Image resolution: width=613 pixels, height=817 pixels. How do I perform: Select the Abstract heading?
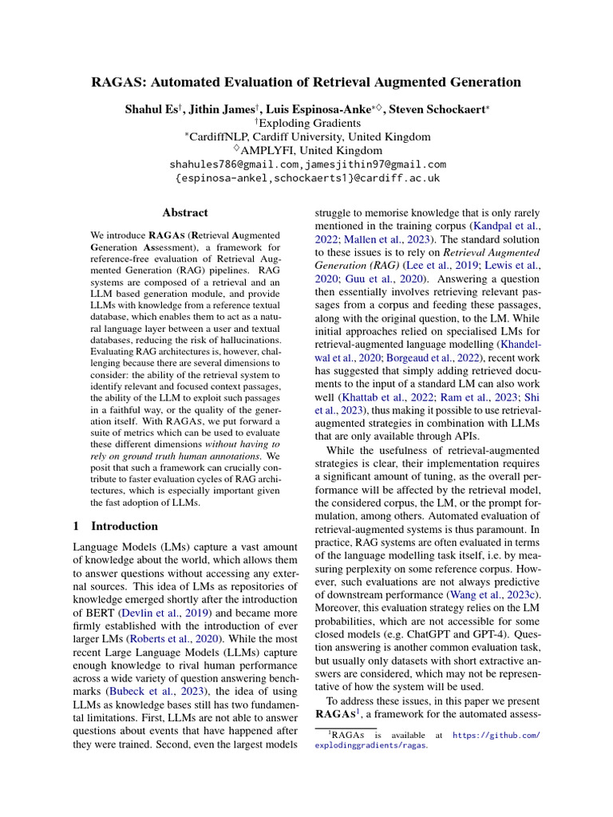pyautogui.click(x=185, y=213)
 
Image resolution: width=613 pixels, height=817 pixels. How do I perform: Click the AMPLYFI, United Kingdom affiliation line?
pyautogui.click(x=307, y=150)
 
